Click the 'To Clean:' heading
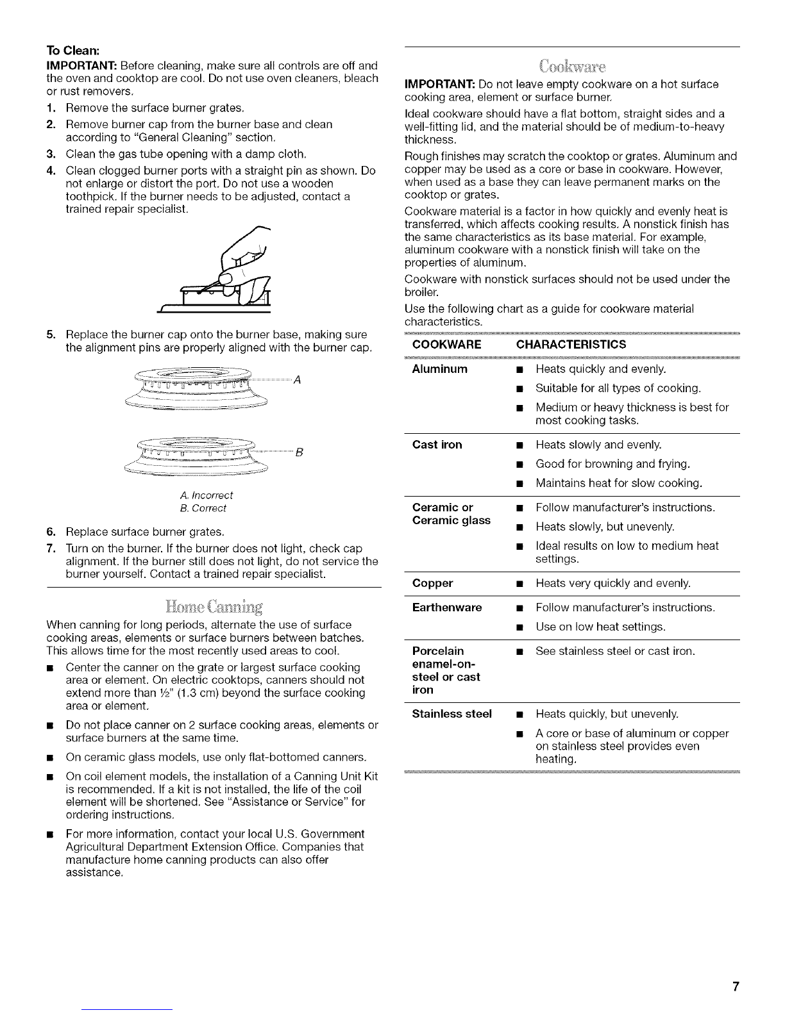point(71,53)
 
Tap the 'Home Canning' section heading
point(214,606)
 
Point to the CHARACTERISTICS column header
point(571,345)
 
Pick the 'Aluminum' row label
point(440,369)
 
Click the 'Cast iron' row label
point(437,445)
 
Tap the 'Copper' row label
point(432,583)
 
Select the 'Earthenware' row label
point(446,607)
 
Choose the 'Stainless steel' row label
point(452,714)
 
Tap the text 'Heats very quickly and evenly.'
point(612,583)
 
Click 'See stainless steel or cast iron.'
point(614,651)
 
